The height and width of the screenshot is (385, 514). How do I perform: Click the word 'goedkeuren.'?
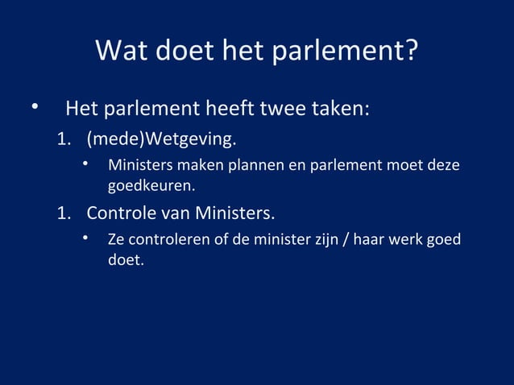151,187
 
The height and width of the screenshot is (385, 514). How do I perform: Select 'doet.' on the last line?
126,261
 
